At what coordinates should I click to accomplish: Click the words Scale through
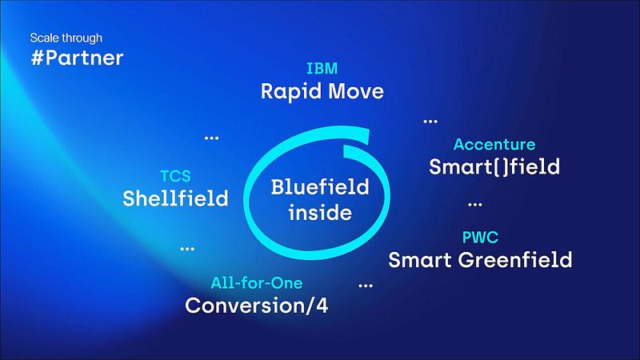coord(66,38)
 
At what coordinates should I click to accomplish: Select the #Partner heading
coord(77,58)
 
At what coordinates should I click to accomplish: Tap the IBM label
coord(322,68)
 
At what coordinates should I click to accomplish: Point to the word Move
coord(354,91)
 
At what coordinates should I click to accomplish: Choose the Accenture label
coord(494,145)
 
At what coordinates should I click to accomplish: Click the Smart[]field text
coord(494,168)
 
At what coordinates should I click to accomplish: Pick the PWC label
coord(481,238)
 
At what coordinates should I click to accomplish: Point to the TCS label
coord(175,175)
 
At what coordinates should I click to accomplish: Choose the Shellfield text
coord(175,198)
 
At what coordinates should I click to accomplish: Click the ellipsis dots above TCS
coord(211,138)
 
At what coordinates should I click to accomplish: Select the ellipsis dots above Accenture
coord(430,121)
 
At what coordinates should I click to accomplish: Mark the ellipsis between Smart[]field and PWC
coord(474,204)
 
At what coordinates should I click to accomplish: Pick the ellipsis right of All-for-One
coord(366,284)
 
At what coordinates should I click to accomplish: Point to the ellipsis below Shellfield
coord(187,248)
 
